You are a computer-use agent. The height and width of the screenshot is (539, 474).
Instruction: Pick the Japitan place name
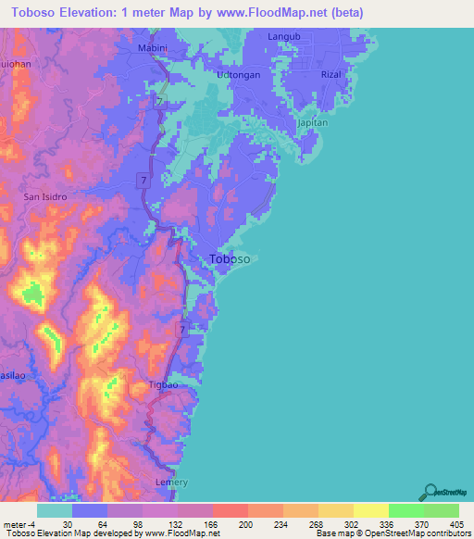[x=312, y=122]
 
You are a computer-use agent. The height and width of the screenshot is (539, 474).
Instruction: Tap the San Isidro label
[x=44, y=196]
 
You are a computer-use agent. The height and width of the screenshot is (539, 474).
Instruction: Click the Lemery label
[x=171, y=483]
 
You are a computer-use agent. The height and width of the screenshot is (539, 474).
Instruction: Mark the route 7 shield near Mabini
[x=160, y=100]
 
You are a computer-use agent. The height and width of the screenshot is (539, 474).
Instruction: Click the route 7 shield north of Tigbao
[x=183, y=330]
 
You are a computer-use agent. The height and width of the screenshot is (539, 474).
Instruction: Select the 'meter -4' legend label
[x=19, y=522]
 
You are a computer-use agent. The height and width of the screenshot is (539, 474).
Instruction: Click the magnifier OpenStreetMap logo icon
[x=431, y=491]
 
